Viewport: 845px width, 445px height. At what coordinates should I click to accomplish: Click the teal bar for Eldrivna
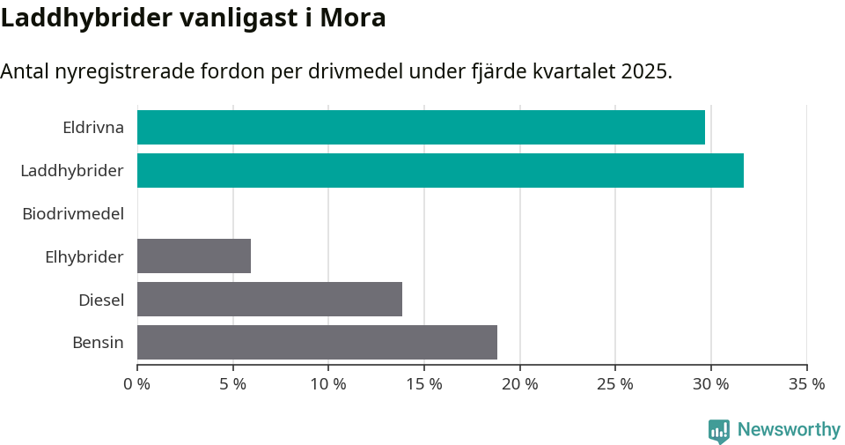pos(421,127)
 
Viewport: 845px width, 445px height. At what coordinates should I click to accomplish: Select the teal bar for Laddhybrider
pos(440,170)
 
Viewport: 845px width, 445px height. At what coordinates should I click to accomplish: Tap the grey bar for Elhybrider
pos(194,256)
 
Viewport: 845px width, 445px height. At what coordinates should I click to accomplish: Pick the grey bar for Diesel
pos(269,299)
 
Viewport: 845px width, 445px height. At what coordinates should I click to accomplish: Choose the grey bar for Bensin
pos(317,342)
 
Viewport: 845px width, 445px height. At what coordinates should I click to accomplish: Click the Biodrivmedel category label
pos(72,213)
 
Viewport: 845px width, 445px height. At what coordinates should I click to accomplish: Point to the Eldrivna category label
pos(92,127)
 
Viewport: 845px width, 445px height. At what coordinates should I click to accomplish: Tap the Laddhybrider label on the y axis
pos(71,170)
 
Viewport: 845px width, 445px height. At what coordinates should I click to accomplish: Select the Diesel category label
pos(100,300)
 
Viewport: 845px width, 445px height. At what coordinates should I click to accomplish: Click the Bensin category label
pos(98,343)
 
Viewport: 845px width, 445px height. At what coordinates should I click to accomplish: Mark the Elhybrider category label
pos(84,256)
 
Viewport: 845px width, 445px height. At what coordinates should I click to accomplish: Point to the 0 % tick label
pos(137,384)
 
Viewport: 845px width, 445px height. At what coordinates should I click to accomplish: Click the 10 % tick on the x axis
pos(328,384)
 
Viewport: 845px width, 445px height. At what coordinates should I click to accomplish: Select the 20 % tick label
pos(519,384)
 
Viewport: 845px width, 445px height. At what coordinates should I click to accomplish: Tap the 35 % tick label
pos(806,384)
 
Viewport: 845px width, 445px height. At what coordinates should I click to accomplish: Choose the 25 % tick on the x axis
pos(615,384)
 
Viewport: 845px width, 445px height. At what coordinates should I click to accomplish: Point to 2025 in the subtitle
pos(643,71)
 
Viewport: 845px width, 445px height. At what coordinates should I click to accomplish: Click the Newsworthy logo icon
pos(719,430)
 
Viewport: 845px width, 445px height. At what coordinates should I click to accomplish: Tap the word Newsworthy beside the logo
pos(789,430)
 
